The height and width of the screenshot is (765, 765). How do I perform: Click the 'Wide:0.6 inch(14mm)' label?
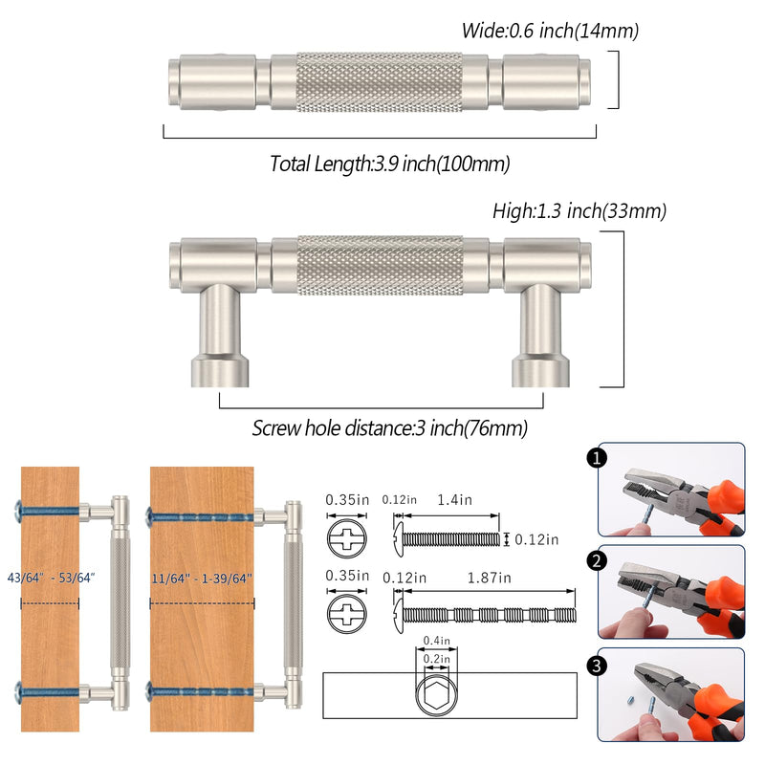pyautogui.click(x=550, y=31)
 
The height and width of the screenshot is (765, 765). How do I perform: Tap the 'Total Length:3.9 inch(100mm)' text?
pyautogui.click(x=390, y=164)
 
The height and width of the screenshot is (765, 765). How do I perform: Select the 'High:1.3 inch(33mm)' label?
pyautogui.click(x=579, y=211)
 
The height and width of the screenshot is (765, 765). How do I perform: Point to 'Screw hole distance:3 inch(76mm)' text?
pyautogui.click(x=390, y=427)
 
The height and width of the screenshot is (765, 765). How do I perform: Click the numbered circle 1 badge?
pyautogui.click(x=596, y=458)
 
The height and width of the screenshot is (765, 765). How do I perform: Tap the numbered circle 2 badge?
pyautogui.click(x=596, y=560)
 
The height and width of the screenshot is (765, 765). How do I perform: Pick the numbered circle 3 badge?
pyautogui.click(x=596, y=665)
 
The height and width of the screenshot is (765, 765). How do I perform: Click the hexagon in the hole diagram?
pyautogui.click(x=436, y=694)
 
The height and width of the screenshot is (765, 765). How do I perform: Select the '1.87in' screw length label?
pyautogui.click(x=489, y=579)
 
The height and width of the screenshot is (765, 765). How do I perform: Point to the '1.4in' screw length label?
pyautogui.click(x=454, y=500)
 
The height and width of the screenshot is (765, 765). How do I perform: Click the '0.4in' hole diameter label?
pyautogui.click(x=436, y=640)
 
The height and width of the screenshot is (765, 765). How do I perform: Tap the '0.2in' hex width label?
pyautogui.click(x=436, y=659)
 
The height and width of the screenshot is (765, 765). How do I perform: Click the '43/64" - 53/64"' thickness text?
pyautogui.click(x=51, y=578)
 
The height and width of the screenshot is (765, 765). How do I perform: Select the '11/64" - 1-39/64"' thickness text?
pyautogui.click(x=202, y=579)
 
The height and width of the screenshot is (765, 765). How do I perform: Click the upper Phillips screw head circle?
pyautogui.click(x=346, y=538)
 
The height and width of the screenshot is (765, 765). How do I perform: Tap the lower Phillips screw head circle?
pyautogui.click(x=346, y=614)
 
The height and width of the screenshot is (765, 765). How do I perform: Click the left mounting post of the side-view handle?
pyautogui.click(x=220, y=337)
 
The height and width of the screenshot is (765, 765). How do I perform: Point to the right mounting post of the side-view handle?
pyautogui.click(x=540, y=337)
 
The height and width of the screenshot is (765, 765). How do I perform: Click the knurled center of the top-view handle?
pyautogui.click(x=380, y=81)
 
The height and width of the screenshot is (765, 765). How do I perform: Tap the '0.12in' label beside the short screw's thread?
pyautogui.click(x=536, y=539)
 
